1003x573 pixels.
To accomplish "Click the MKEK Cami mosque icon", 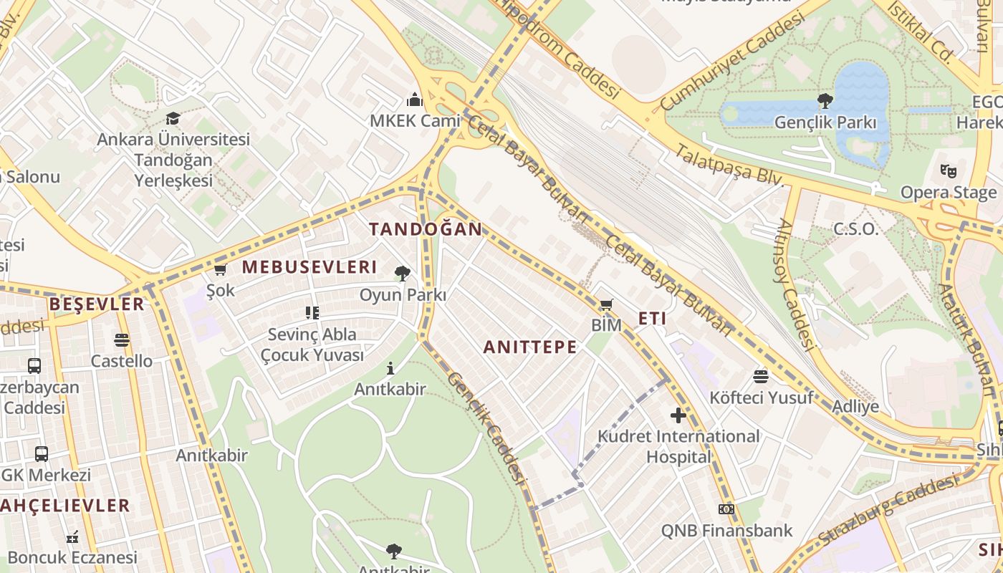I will pyautogui.click(x=414, y=100).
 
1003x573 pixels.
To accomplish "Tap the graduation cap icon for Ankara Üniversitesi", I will pyautogui.click(x=173, y=118).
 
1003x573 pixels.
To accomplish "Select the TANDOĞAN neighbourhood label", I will pyautogui.click(x=426, y=229).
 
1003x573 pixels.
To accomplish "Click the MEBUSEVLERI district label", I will pyautogui.click(x=309, y=267).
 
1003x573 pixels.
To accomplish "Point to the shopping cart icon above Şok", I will pyautogui.click(x=220, y=269).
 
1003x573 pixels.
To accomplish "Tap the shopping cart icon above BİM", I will pyautogui.click(x=606, y=305).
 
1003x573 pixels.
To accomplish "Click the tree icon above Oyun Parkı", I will pyautogui.click(x=403, y=273).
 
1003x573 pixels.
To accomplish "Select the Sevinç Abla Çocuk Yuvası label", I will pyautogui.click(x=312, y=345).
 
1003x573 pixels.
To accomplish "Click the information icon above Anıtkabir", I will pyautogui.click(x=390, y=369).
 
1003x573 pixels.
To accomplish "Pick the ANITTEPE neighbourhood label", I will pyautogui.click(x=529, y=347).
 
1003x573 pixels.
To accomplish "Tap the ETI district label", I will pyautogui.click(x=652, y=319).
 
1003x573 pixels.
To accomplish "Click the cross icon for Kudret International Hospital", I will pyautogui.click(x=678, y=415).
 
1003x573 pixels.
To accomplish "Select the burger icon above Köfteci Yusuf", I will pyautogui.click(x=761, y=376).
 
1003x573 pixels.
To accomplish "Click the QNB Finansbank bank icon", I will pyautogui.click(x=726, y=509).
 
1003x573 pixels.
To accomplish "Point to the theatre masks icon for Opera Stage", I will pyautogui.click(x=949, y=170).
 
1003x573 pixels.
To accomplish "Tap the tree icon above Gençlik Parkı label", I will pyautogui.click(x=825, y=101).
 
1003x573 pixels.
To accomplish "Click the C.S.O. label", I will pyautogui.click(x=855, y=229).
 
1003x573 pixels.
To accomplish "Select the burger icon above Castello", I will pyautogui.click(x=121, y=340).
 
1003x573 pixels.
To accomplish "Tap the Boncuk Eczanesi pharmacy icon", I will pyautogui.click(x=72, y=536).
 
